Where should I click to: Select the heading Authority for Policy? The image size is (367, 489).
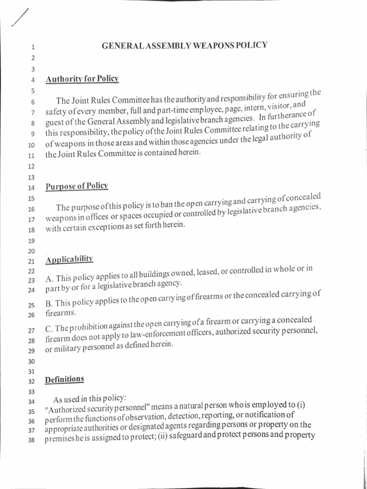[x=82, y=79]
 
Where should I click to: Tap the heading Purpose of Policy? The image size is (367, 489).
[x=77, y=186]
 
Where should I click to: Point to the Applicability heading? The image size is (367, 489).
[x=69, y=260]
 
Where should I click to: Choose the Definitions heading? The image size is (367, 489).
[x=65, y=380]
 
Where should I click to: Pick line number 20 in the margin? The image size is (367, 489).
[x=32, y=251]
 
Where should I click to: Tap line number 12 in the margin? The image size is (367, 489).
[x=32, y=167]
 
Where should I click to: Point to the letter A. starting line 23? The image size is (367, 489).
[x=49, y=279]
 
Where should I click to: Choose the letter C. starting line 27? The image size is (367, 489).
[x=49, y=330]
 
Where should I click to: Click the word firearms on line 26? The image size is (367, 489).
[x=61, y=313]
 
